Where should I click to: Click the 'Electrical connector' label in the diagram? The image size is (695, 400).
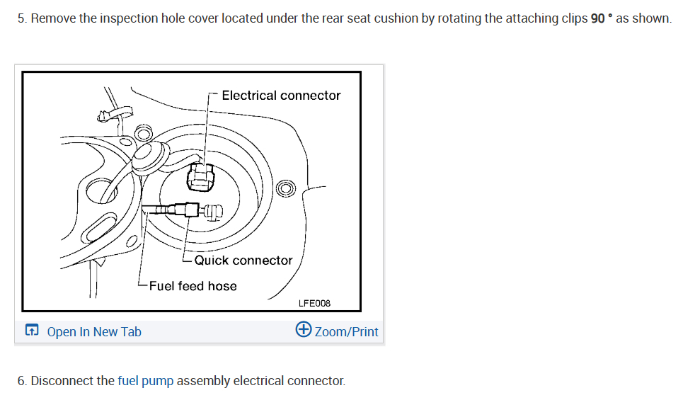[281, 96]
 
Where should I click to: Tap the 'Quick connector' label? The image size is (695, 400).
[243, 261]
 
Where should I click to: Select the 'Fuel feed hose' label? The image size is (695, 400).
[193, 286]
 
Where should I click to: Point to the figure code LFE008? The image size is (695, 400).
[314, 303]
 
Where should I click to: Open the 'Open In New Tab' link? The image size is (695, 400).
[94, 332]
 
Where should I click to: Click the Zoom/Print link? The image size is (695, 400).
[346, 332]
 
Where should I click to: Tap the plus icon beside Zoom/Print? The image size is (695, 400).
[304, 331]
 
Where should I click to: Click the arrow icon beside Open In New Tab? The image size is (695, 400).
[32, 331]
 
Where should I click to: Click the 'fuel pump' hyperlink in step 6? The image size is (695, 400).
[145, 381]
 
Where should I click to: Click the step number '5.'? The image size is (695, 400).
[22, 18]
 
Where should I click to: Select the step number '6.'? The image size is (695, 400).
[22, 381]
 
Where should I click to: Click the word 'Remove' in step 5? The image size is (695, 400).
[54, 18]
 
